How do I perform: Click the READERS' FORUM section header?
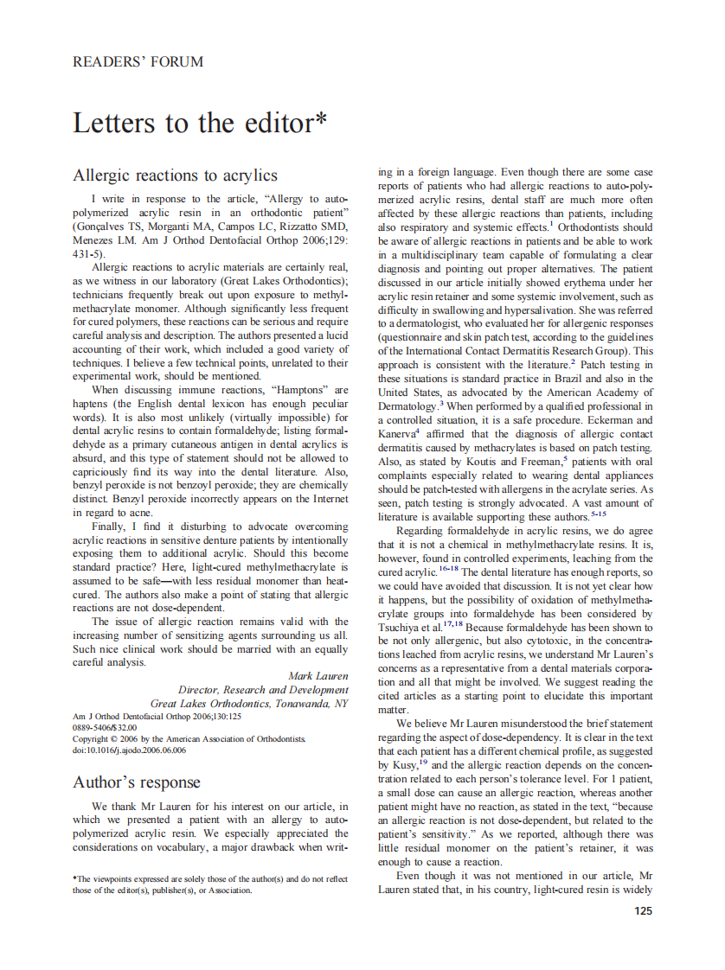(138, 62)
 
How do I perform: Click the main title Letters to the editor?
(200, 123)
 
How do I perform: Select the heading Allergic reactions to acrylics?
(175, 175)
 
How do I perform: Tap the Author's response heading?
(136, 783)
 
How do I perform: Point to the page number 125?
(643, 911)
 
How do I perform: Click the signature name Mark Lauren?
(318, 676)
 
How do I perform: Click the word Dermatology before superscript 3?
(407, 406)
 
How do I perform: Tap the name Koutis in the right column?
(481, 463)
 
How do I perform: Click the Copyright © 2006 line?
(189, 739)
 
